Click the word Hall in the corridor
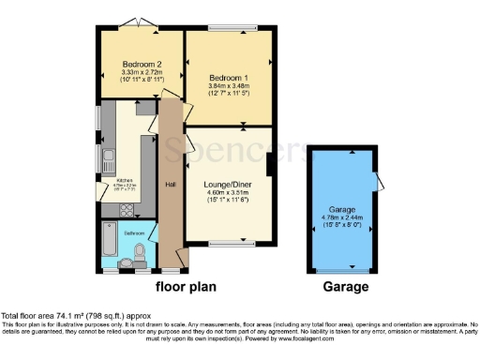click(170, 185)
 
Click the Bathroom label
click(134, 230)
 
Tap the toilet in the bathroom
click(140, 254)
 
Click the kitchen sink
click(108, 157)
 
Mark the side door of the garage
click(376, 184)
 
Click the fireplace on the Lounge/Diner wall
click(270, 165)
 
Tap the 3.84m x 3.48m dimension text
click(229, 87)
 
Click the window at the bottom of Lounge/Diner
click(225, 246)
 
